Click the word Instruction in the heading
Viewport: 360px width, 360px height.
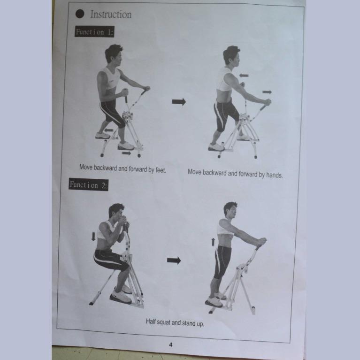click(x=111, y=14)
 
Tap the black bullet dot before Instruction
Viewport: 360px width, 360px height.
click(x=80, y=14)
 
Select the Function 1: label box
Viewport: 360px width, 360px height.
click(x=94, y=32)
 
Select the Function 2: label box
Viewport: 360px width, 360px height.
click(x=89, y=184)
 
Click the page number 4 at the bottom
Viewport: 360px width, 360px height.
click(x=171, y=345)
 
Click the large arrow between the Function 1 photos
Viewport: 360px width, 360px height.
click(x=178, y=101)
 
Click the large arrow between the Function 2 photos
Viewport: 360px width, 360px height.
click(x=174, y=260)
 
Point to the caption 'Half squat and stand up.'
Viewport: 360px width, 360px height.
click(x=175, y=323)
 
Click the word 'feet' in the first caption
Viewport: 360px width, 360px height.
click(x=160, y=169)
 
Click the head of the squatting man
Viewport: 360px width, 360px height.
click(x=116, y=212)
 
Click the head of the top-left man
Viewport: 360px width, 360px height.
click(x=114, y=54)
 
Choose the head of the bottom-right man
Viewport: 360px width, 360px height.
click(x=230, y=210)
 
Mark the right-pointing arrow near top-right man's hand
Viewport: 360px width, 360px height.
click(x=267, y=92)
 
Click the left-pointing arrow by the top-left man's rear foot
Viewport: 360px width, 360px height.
click(x=108, y=130)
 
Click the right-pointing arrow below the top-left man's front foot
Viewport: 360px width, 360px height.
click(x=126, y=153)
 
